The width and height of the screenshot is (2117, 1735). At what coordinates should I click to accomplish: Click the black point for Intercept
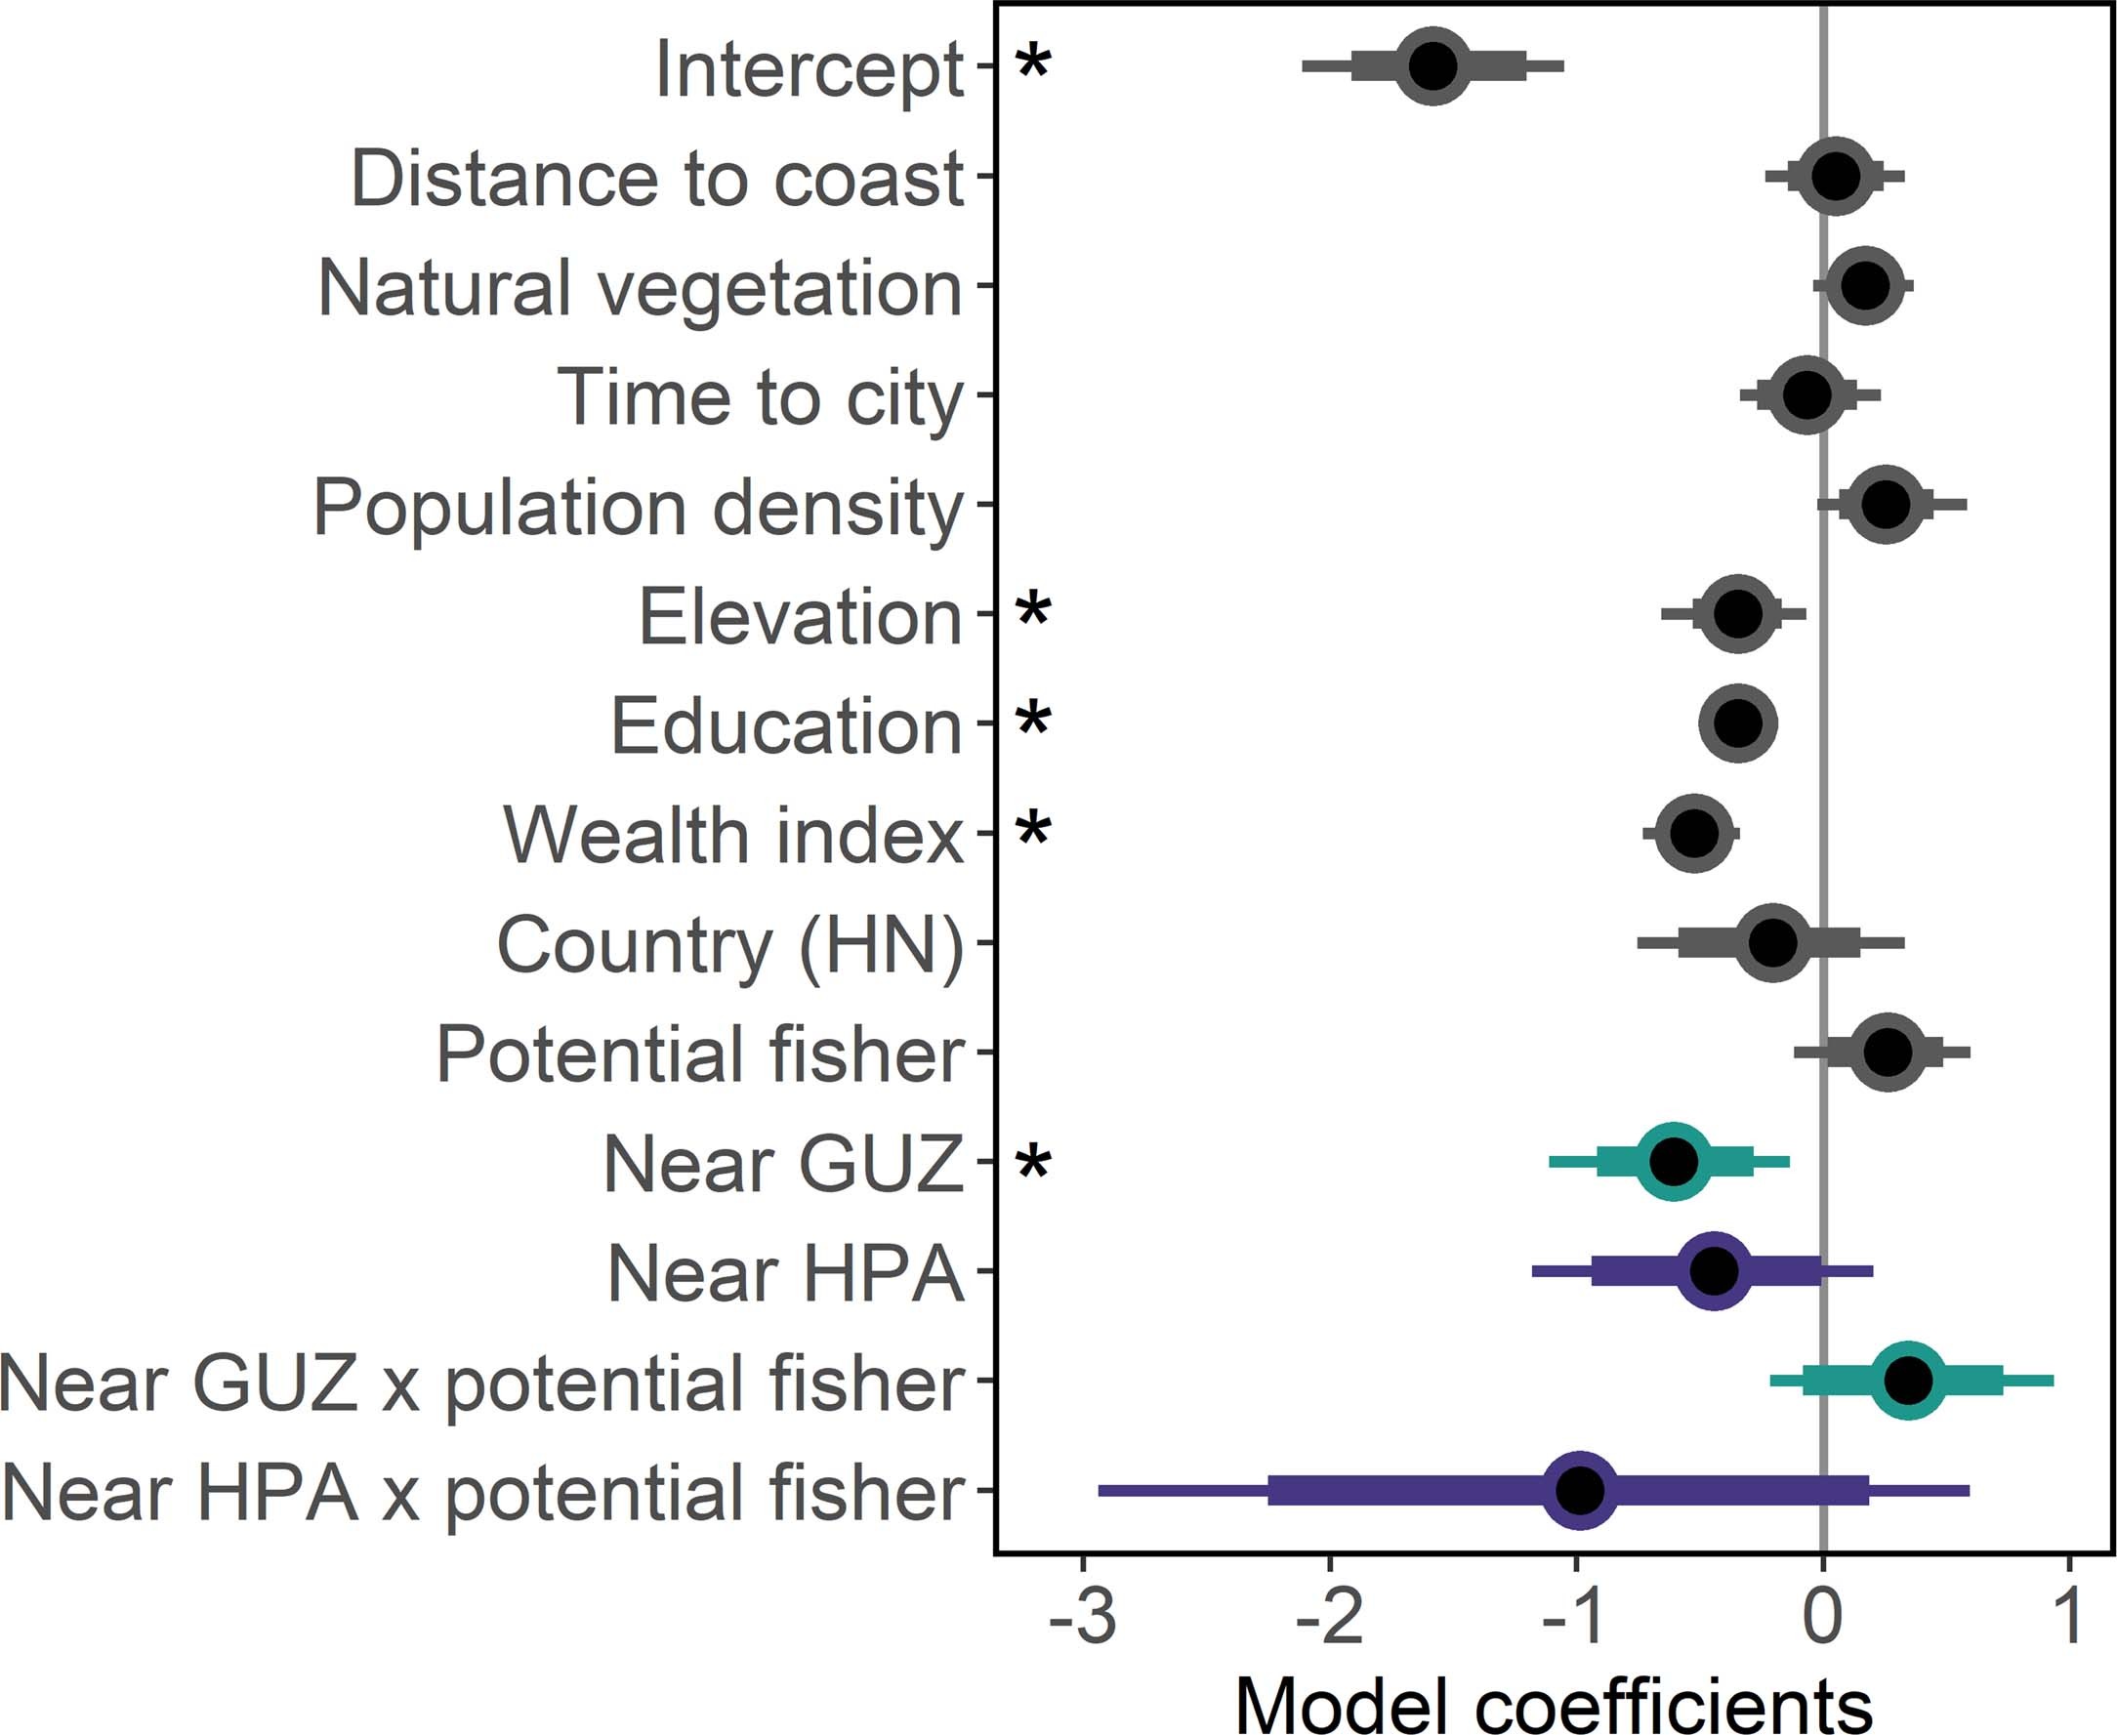pos(1432,66)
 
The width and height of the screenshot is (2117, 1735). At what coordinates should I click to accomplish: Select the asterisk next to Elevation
pos(1033,608)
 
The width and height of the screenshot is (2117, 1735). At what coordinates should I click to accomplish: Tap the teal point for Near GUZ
pos(1675,1161)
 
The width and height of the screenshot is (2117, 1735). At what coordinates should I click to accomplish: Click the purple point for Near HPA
pos(1714,1271)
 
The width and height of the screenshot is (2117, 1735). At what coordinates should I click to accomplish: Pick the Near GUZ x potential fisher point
pos(1907,1381)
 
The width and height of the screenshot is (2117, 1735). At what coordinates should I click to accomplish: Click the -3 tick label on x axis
pos(1083,1617)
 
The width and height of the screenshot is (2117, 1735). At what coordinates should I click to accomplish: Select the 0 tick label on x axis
pos(1822,1617)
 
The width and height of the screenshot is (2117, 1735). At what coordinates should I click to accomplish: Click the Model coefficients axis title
pos(1554,1703)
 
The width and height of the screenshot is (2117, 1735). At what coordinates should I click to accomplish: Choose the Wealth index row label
pos(733,835)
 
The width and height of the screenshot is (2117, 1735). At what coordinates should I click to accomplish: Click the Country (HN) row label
pos(730,944)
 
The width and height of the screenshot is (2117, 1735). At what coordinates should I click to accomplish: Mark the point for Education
pos(1738,723)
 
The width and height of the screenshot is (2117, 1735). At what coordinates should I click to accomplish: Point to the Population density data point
pos(1886,505)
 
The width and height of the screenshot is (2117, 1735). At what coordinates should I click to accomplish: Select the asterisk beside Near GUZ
pos(1033,1163)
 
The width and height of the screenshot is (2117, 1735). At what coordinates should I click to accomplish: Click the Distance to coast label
pos(657,179)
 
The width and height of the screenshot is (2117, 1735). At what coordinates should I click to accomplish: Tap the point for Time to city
pos(1807,394)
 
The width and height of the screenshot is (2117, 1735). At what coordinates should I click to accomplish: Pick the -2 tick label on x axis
pos(1329,1617)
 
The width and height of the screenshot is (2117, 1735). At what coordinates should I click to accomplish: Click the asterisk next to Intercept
pos(1033,62)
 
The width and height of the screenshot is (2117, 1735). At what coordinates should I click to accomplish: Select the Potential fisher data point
pos(1888,1052)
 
